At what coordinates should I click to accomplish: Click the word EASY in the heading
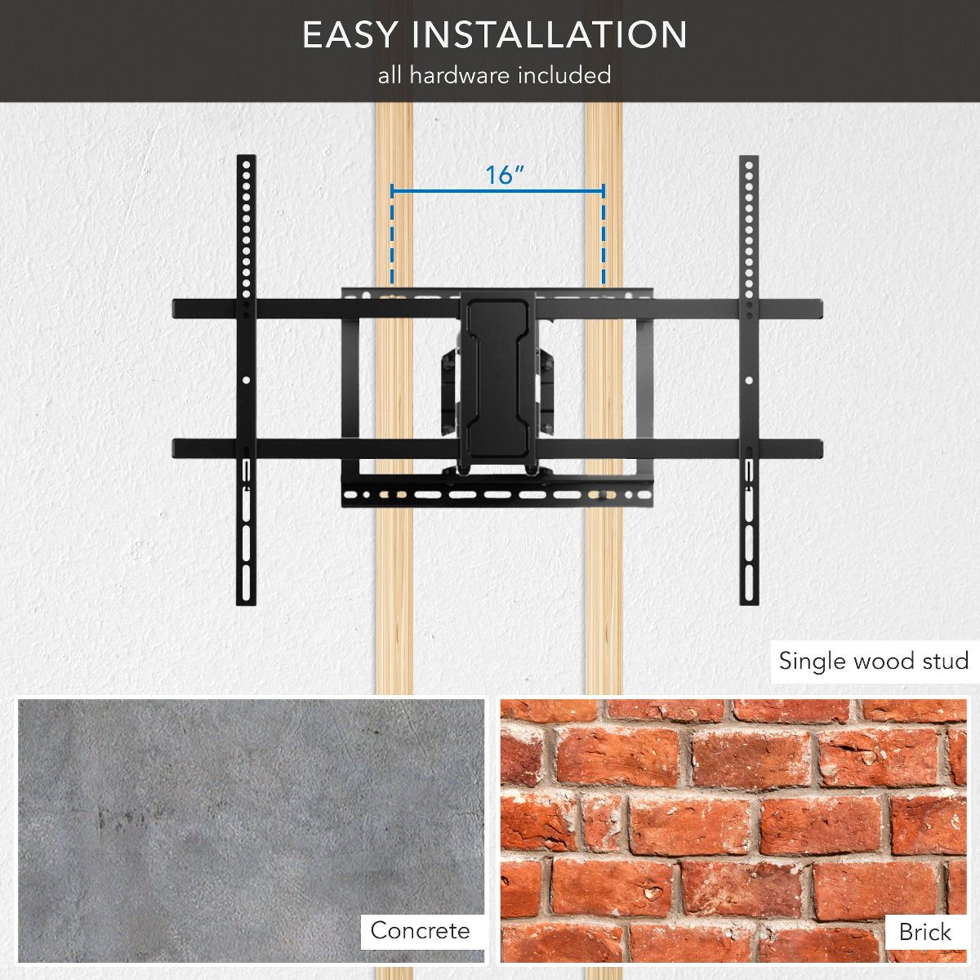pyautogui.click(x=349, y=34)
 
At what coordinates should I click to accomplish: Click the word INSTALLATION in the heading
pyautogui.click(x=550, y=34)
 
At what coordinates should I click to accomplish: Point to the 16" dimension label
pyautogui.click(x=505, y=175)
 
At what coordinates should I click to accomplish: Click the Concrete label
pyautogui.click(x=420, y=931)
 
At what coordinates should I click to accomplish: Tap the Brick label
pyautogui.click(x=924, y=932)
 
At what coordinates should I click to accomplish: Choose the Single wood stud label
pyautogui.click(x=874, y=661)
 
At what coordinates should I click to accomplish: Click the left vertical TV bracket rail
pyautogui.click(x=246, y=380)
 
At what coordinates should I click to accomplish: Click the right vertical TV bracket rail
pyautogui.click(x=749, y=380)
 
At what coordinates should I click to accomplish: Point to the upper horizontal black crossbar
pyautogui.click(x=497, y=310)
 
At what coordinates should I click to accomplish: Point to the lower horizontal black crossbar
pyautogui.click(x=497, y=448)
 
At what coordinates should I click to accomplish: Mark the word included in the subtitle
pyautogui.click(x=564, y=75)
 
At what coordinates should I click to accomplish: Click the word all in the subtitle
pyautogui.click(x=390, y=75)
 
